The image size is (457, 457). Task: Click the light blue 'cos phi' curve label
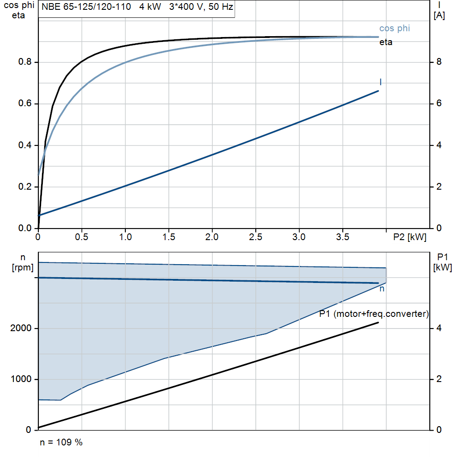[395, 29]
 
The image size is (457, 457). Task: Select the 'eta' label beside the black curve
[386, 43]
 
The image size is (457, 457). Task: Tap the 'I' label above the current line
[380, 82]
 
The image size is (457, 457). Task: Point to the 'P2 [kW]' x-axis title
[410, 237]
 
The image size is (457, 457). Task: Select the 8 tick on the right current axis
[439, 62]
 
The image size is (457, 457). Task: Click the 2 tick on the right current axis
[439, 187]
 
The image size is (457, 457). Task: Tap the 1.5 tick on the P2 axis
[169, 237]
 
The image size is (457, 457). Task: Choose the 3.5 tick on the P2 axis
[343, 237]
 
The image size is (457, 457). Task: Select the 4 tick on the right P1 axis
[439, 328]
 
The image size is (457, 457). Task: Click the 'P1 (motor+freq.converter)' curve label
[374, 314]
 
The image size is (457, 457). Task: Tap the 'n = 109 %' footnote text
[61, 443]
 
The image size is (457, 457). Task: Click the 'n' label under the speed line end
[382, 289]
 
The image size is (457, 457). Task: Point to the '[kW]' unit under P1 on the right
[442, 267]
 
